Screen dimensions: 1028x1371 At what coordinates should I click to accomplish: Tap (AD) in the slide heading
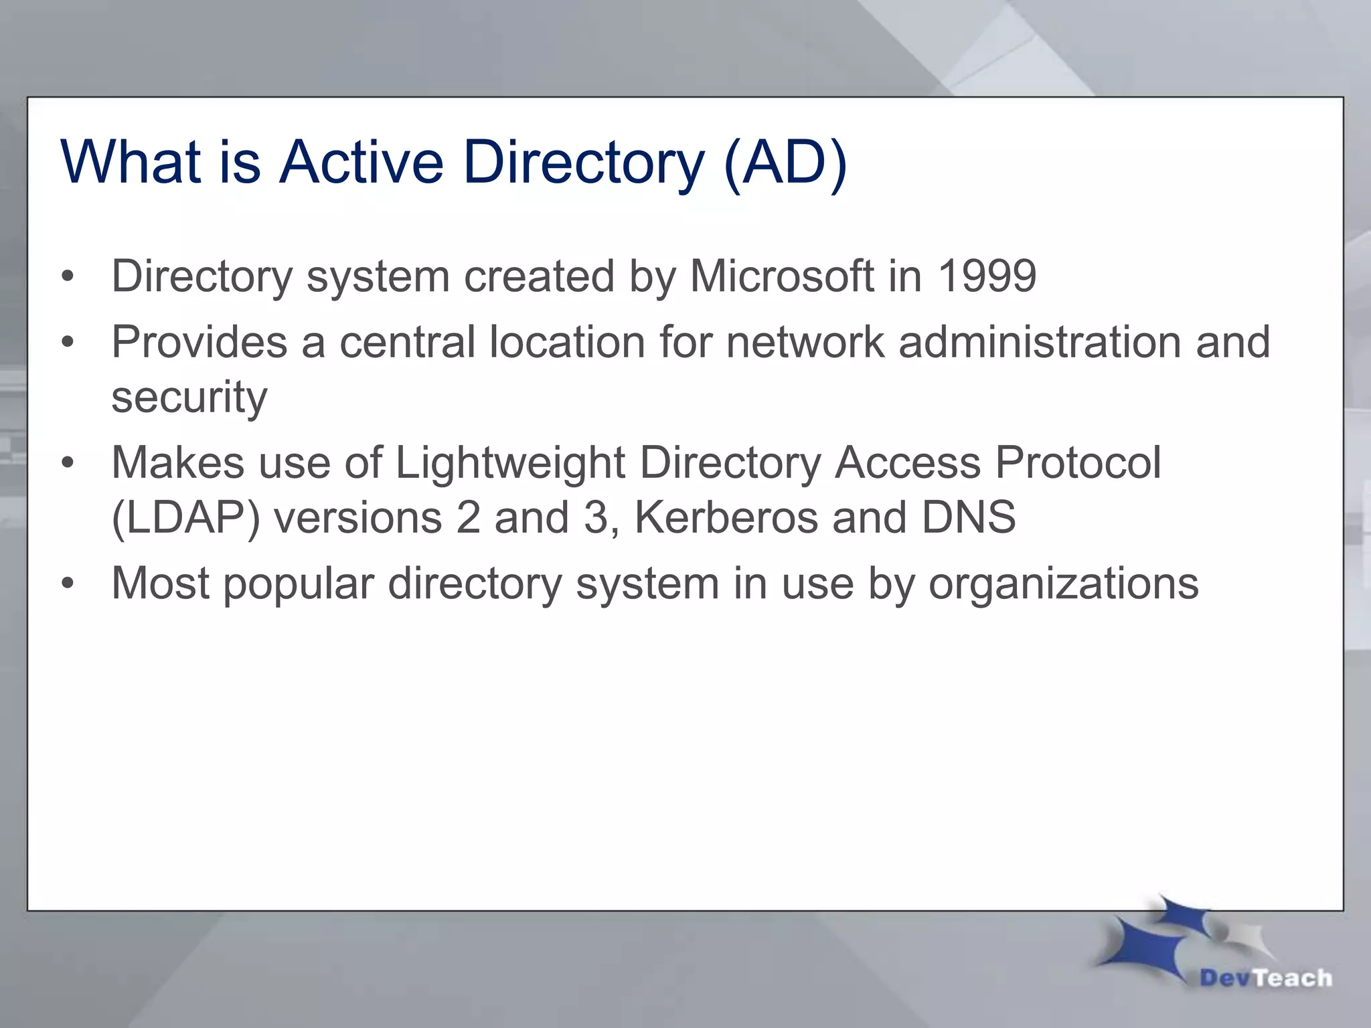pos(785,163)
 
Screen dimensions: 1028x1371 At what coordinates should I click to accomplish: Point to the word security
pos(189,398)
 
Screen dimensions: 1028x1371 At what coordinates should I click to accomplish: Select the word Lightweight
pos(510,463)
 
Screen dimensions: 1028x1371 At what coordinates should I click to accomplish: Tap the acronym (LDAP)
pos(185,518)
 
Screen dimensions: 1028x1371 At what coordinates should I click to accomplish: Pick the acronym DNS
pos(968,517)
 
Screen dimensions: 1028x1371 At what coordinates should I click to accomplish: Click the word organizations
pos(1063,584)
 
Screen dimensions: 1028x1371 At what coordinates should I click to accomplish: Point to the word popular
pos(298,584)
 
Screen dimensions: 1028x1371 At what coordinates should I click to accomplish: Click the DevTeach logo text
pos(1265,978)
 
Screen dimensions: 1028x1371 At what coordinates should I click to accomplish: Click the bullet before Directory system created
pos(67,277)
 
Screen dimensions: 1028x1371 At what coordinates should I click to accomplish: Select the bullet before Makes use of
pos(67,464)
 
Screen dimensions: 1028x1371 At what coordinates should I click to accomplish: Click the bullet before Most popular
pos(67,584)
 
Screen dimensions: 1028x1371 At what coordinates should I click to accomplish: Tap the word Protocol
pos(1078,463)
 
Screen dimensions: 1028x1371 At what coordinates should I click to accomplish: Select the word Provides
pos(199,342)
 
